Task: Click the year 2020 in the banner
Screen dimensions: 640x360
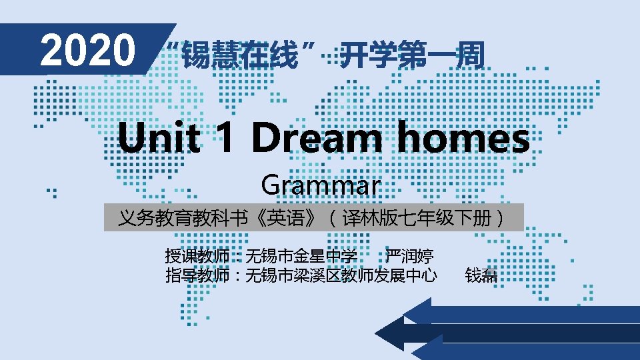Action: [87, 50]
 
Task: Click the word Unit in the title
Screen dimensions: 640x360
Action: [159, 137]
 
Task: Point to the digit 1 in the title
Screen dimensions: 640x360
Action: [226, 137]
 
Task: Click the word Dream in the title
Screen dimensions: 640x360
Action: [317, 137]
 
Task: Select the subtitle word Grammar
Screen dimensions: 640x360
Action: [321, 186]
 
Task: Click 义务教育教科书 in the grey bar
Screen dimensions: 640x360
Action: [183, 218]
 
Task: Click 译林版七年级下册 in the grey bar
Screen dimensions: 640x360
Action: [417, 218]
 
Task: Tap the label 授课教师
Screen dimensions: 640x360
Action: [197, 256]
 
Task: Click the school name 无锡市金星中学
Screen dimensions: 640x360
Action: [301, 256]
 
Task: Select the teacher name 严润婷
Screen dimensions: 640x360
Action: [409, 256]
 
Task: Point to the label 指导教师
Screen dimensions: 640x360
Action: [197, 275]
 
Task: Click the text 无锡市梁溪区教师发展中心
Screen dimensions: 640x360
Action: [341, 275]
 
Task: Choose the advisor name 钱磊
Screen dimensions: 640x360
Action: [481, 275]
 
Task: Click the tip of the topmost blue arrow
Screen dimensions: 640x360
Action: [403, 315]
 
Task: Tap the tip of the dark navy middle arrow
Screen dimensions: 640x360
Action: [375, 333]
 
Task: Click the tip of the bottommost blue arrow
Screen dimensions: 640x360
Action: [411, 351]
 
